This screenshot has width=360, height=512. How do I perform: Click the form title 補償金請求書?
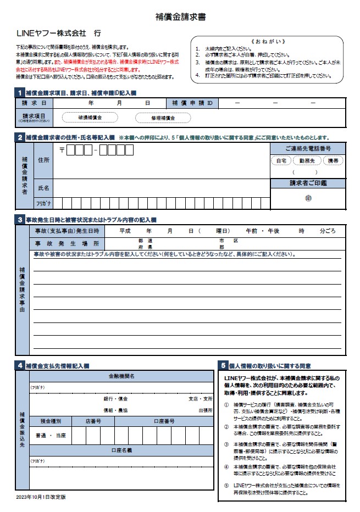[x=180, y=17]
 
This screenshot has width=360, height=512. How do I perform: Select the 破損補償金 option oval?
[x=90, y=118]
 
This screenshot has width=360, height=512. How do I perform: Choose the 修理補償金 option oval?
[x=163, y=118]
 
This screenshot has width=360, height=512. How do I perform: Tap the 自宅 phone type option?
[x=281, y=161]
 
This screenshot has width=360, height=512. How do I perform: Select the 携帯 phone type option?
[x=333, y=161]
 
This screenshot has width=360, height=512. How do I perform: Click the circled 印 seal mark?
[x=308, y=199]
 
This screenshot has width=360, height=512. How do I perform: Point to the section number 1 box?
[x=20, y=92]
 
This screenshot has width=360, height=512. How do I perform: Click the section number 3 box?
[x=20, y=220]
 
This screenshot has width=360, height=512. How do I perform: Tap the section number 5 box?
[x=223, y=365]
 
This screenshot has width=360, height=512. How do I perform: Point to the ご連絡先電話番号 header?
[x=308, y=149]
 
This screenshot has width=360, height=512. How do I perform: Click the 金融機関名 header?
[x=121, y=376]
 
